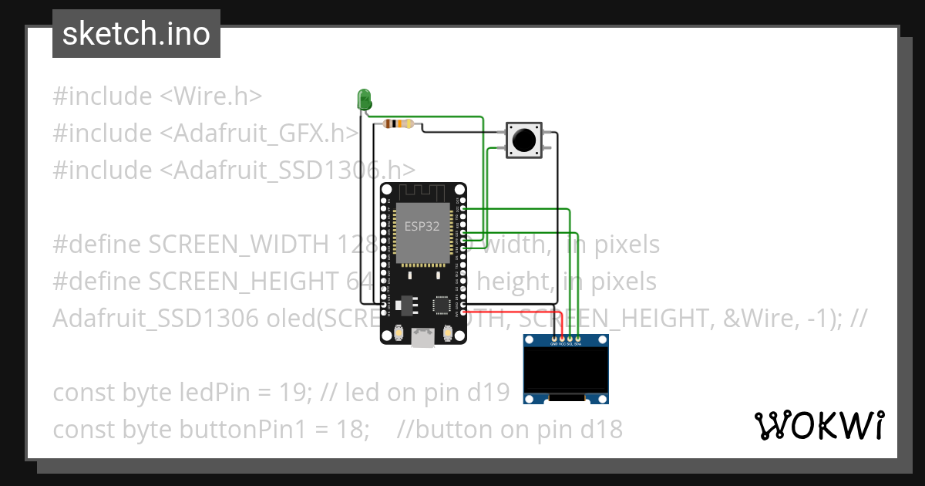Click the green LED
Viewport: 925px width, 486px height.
point(364,99)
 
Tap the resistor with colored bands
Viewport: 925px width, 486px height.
point(398,123)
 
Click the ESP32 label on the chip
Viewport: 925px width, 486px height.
point(422,226)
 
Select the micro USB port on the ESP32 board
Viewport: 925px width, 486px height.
point(422,338)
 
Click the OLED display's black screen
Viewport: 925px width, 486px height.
point(566,369)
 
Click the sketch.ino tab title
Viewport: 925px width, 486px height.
point(136,34)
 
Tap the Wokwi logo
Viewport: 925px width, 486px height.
point(819,425)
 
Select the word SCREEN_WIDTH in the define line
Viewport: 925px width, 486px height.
point(240,245)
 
